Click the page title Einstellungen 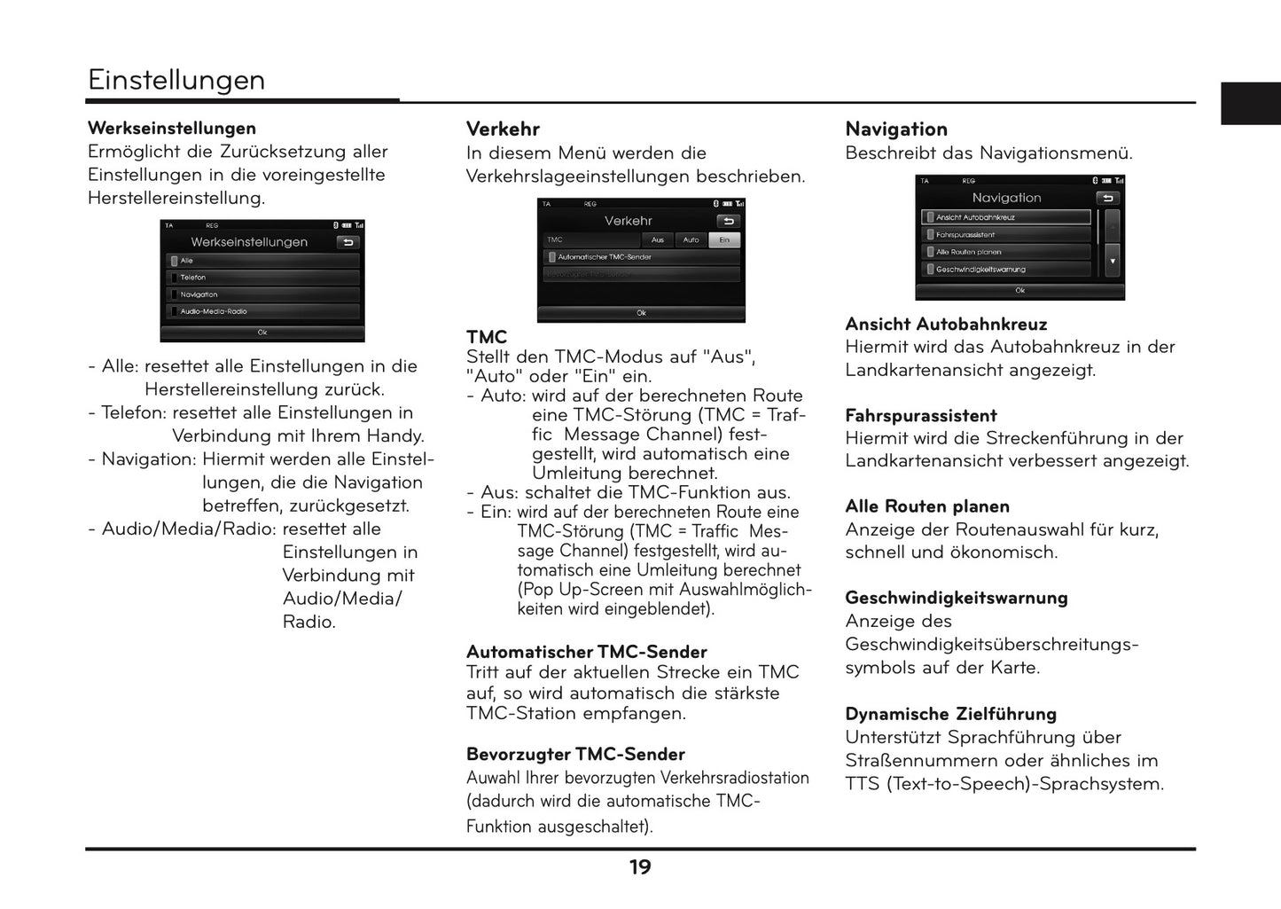pos(176,80)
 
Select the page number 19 pos(640,867)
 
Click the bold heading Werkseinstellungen pos(172,129)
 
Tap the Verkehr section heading pos(503,129)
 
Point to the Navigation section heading pos(896,129)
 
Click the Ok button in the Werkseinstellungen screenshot pos(262,333)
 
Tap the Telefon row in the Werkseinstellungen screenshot pos(262,278)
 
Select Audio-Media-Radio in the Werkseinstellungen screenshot pos(262,311)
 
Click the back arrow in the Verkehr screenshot pos(728,221)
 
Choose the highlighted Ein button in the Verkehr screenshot pos(724,239)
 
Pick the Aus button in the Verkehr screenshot pos(658,239)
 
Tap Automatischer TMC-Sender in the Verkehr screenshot pos(641,257)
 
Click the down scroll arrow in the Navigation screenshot pos(1113,262)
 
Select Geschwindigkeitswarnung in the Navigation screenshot pos(1006,270)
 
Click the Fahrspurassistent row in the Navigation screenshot pos(1006,235)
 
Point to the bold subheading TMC pos(487,337)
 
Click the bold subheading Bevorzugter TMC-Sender pos(575,755)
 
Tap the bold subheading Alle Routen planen pos(927,506)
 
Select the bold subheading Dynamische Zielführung pos(950,714)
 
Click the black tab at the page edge pos(1250,104)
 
